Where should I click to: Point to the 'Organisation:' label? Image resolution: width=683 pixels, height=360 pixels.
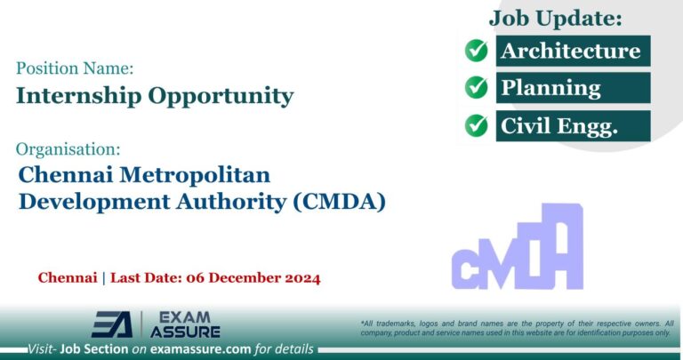[x=68, y=148]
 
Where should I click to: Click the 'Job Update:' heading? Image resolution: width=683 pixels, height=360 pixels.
[x=555, y=17]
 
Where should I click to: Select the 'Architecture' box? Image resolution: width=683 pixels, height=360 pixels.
[x=570, y=51]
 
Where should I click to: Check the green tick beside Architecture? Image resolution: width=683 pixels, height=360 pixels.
[x=477, y=51]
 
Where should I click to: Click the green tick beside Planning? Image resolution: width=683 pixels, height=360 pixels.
[x=477, y=88]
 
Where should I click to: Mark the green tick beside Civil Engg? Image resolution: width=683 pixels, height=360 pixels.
[x=477, y=126]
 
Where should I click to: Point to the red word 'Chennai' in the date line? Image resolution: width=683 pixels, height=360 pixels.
[x=68, y=278]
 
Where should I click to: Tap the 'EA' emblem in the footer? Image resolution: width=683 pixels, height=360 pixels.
[x=113, y=324]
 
